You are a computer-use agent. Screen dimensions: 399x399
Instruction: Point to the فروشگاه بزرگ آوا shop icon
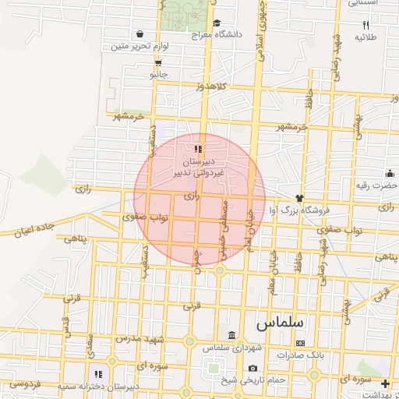pos(298,197)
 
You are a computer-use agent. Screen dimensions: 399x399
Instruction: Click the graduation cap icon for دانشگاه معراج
pos(217,23)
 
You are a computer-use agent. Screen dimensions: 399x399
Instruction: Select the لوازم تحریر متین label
pos(119,48)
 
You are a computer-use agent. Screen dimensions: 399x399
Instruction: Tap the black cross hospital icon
pos(386,383)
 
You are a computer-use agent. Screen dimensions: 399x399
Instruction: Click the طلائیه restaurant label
pos(366,37)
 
